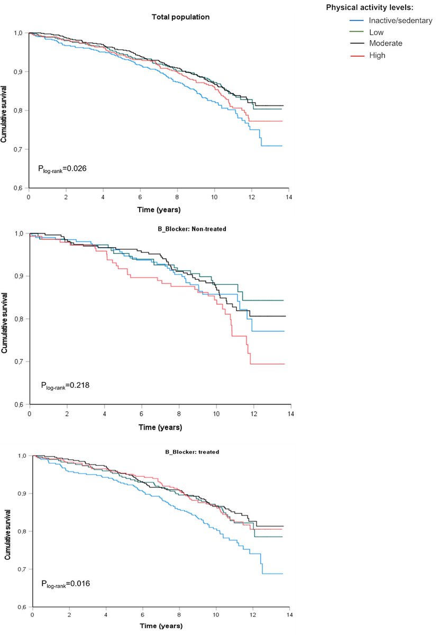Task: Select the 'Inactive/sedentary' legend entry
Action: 391,20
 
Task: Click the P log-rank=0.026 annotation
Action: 62,169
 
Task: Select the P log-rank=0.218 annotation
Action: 65,385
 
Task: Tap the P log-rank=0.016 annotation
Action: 66,584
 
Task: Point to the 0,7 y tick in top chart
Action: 20,149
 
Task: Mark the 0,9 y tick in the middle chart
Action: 21,276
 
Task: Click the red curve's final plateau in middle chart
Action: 267,364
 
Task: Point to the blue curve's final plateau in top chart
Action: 271,146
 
